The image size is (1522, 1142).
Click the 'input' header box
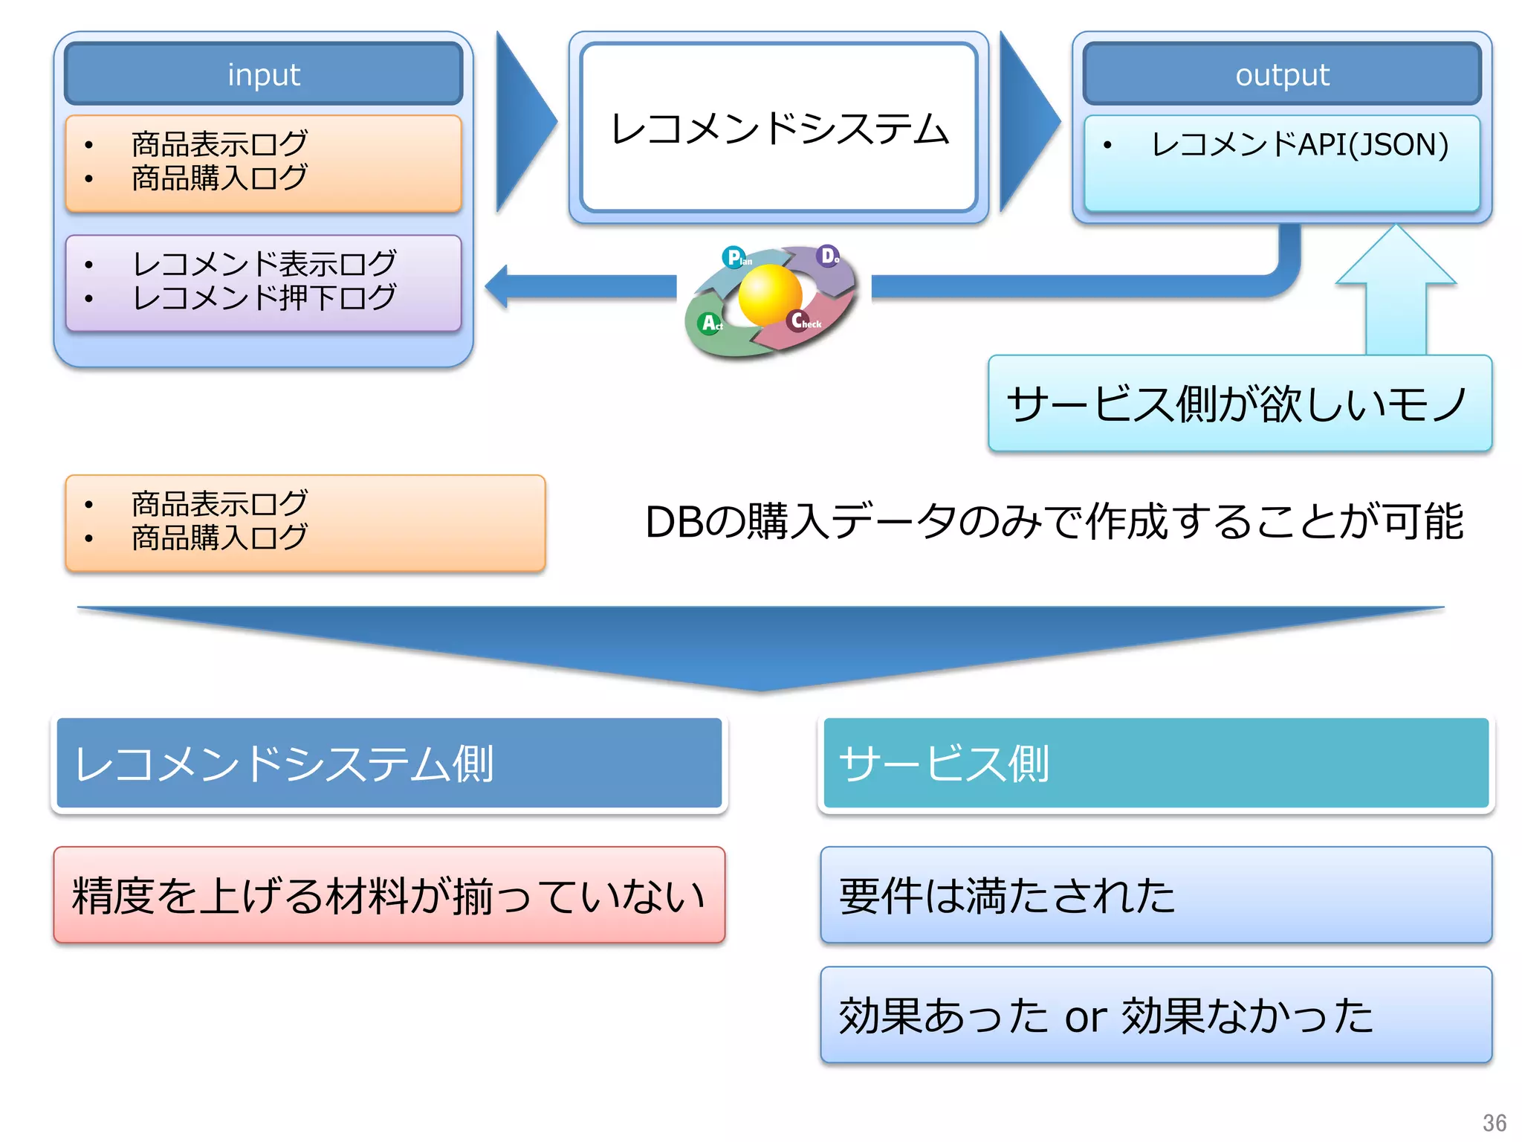(x=263, y=74)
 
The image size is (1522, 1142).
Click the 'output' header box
(x=1282, y=74)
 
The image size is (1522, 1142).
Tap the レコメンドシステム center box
(x=778, y=128)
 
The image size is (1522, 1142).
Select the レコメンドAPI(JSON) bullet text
(x=1299, y=144)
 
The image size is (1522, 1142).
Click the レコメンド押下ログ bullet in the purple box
(x=264, y=298)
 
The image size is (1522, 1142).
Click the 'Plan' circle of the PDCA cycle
(x=734, y=257)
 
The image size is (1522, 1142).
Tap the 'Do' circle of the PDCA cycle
(x=827, y=256)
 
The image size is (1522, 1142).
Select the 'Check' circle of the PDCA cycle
(x=800, y=320)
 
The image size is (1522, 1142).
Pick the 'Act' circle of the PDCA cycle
(x=710, y=323)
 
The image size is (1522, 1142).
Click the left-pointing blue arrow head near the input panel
(x=497, y=286)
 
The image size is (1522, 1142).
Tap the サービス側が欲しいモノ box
(x=1239, y=404)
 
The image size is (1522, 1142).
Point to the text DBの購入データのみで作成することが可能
(x=1054, y=521)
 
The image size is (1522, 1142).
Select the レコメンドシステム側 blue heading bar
(x=389, y=763)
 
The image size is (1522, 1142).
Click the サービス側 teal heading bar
(x=1156, y=763)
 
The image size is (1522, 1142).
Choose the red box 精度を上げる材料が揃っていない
(x=389, y=895)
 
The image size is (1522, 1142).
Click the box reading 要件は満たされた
(x=1156, y=895)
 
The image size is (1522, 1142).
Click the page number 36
(x=1494, y=1122)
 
